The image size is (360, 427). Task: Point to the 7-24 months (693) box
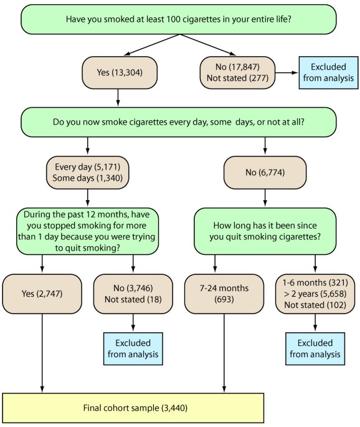coord(224,294)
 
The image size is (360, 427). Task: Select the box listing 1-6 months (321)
coord(315,294)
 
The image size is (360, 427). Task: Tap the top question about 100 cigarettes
coord(179,19)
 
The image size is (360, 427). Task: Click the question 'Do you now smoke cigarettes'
coord(179,122)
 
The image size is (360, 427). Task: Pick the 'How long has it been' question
coord(265,231)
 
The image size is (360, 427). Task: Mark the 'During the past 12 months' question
coord(87,231)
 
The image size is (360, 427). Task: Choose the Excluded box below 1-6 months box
coord(315,348)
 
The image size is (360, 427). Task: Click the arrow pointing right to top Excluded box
coord(287,73)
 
